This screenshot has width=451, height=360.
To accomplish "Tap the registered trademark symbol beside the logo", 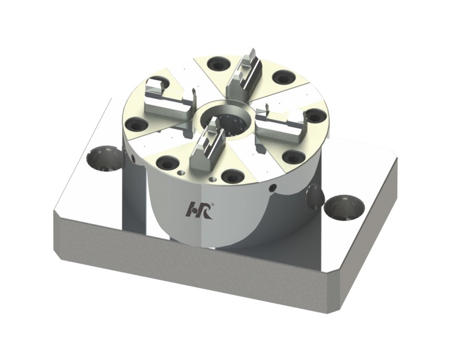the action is pyautogui.click(x=212, y=204).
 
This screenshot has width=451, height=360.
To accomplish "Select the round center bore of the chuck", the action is pyautogui.click(x=227, y=122).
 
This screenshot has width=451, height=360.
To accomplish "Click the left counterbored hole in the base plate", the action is pyautogui.click(x=105, y=158).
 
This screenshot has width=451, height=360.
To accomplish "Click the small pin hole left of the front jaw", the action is pyautogui.click(x=181, y=173).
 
